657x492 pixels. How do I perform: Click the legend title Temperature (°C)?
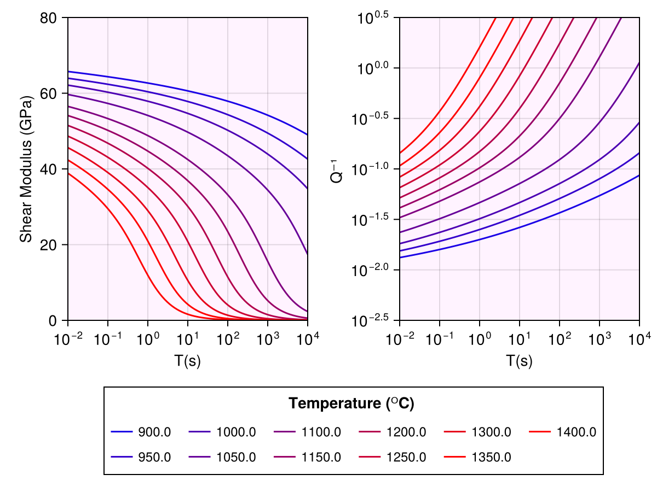(x=351, y=404)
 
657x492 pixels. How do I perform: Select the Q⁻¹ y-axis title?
(x=338, y=169)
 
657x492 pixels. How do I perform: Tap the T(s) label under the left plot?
(x=187, y=361)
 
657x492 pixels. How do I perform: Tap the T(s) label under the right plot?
(x=519, y=361)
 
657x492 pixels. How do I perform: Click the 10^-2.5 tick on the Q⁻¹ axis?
(x=373, y=320)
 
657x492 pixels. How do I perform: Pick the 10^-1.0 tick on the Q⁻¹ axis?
(x=373, y=169)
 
